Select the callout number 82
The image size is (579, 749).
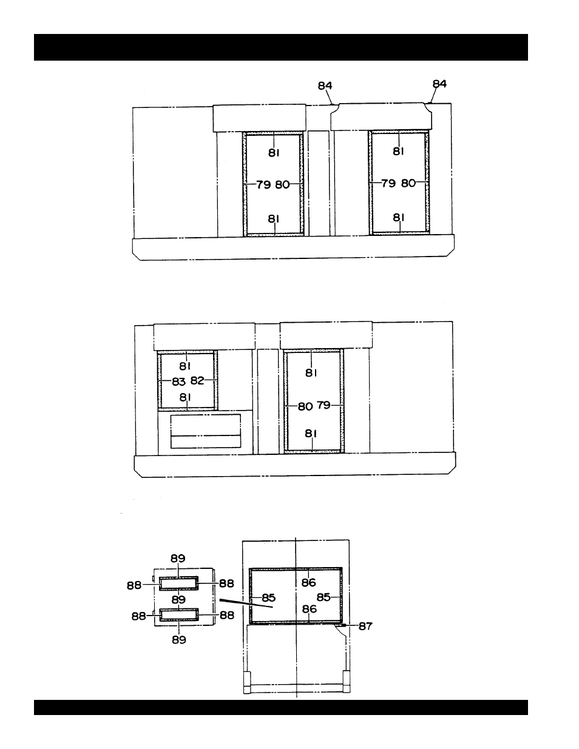[197, 381]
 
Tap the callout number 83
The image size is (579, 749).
[178, 382]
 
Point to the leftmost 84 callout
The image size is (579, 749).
[325, 86]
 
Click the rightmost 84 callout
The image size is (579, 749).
[439, 84]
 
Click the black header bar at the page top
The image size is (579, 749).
[280, 47]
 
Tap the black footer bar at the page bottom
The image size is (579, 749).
[280, 707]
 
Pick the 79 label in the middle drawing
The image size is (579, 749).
[323, 406]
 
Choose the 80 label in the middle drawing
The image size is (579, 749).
[305, 406]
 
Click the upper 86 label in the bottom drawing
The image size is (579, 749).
[309, 583]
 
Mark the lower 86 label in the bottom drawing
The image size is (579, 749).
[309, 608]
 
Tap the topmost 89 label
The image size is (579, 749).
[178, 559]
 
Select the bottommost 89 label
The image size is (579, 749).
[178, 639]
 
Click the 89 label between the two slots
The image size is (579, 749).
[178, 599]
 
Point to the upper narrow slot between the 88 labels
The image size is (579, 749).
[178, 583]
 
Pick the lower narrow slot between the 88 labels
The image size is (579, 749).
[178, 614]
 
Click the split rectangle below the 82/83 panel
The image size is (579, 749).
[206, 431]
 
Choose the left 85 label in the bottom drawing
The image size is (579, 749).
[268, 598]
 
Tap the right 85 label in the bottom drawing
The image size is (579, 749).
[323, 597]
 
